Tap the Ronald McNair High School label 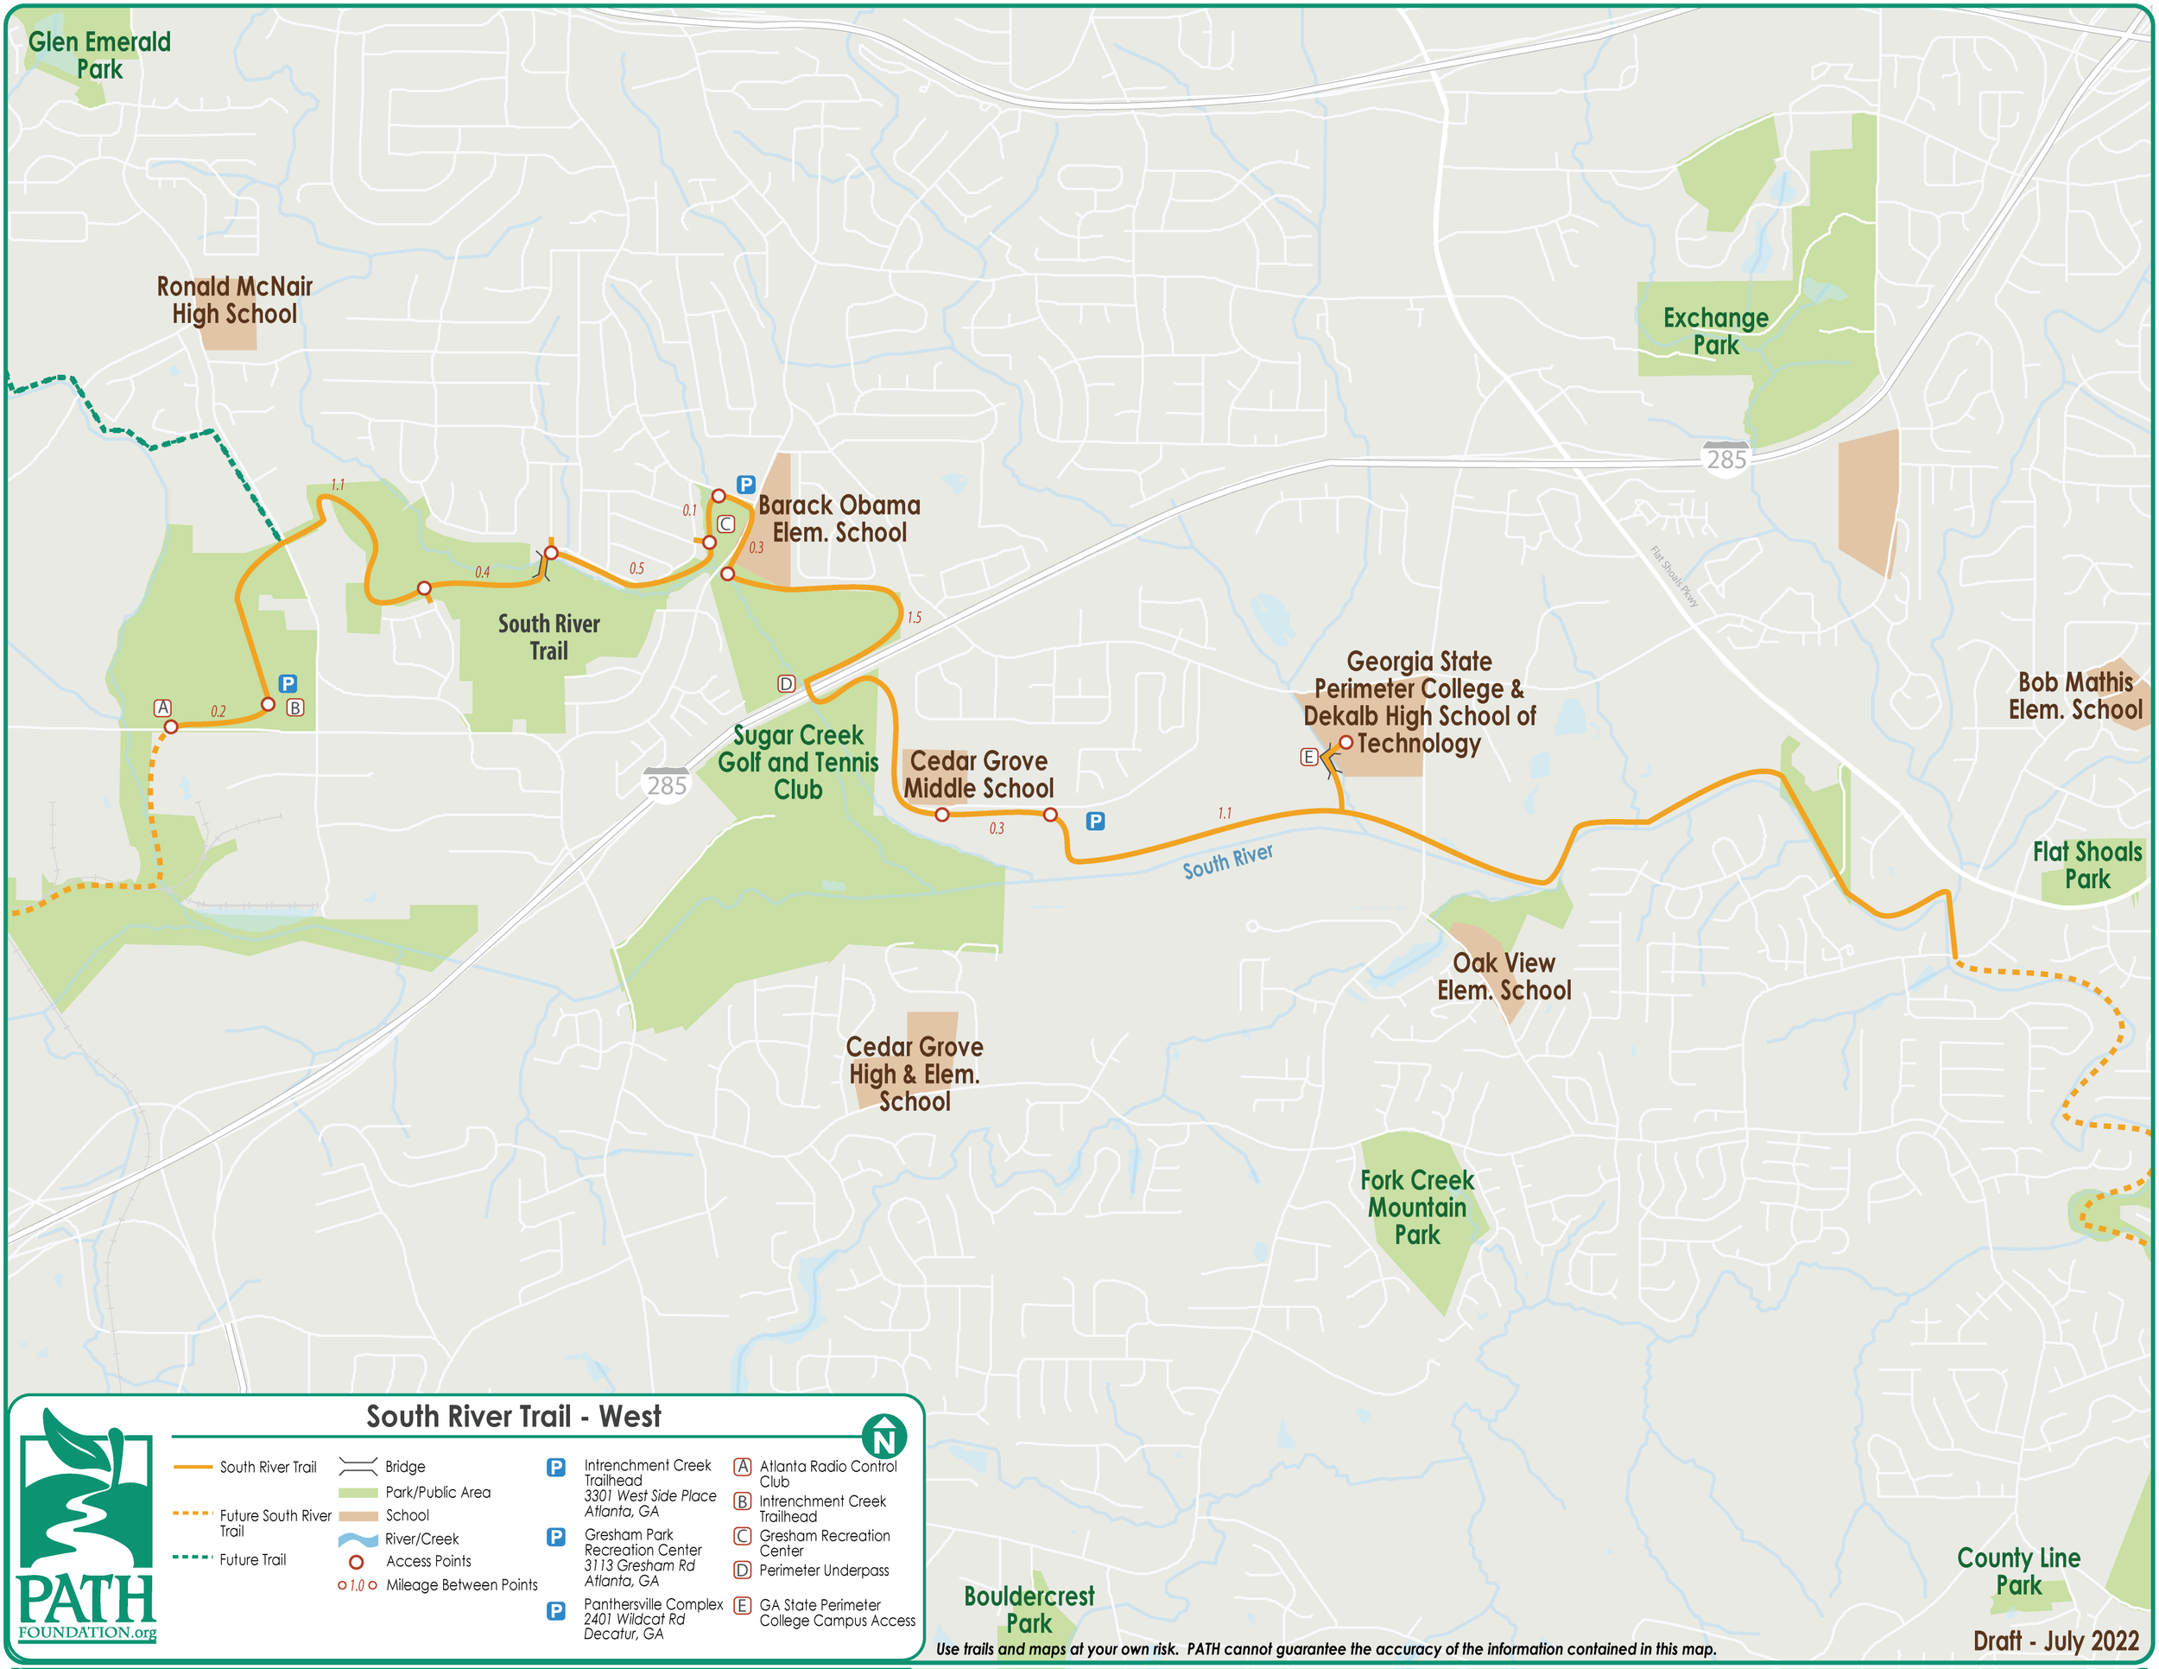click(x=234, y=301)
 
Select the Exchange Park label click(x=1715, y=331)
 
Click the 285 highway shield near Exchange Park click(x=1726, y=460)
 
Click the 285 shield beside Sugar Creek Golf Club click(x=667, y=785)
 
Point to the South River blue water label click(x=1228, y=861)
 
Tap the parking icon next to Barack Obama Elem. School click(x=746, y=485)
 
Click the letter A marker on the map click(x=163, y=708)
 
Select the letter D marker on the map click(x=786, y=684)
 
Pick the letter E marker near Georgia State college click(x=1307, y=758)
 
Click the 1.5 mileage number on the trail click(x=914, y=618)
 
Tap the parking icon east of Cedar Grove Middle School click(x=1095, y=822)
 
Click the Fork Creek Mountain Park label click(x=1416, y=1207)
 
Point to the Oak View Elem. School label click(x=1504, y=977)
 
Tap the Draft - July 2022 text click(x=2056, y=1641)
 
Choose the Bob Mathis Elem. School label click(x=2075, y=696)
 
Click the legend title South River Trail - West click(x=513, y=1417)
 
